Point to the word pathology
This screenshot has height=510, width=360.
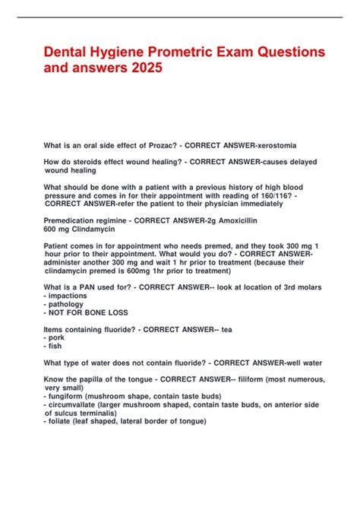click(x=68, y=304)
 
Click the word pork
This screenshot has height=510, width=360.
click(x=58, y=337)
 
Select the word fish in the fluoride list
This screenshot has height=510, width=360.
click(x=56, y=346)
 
